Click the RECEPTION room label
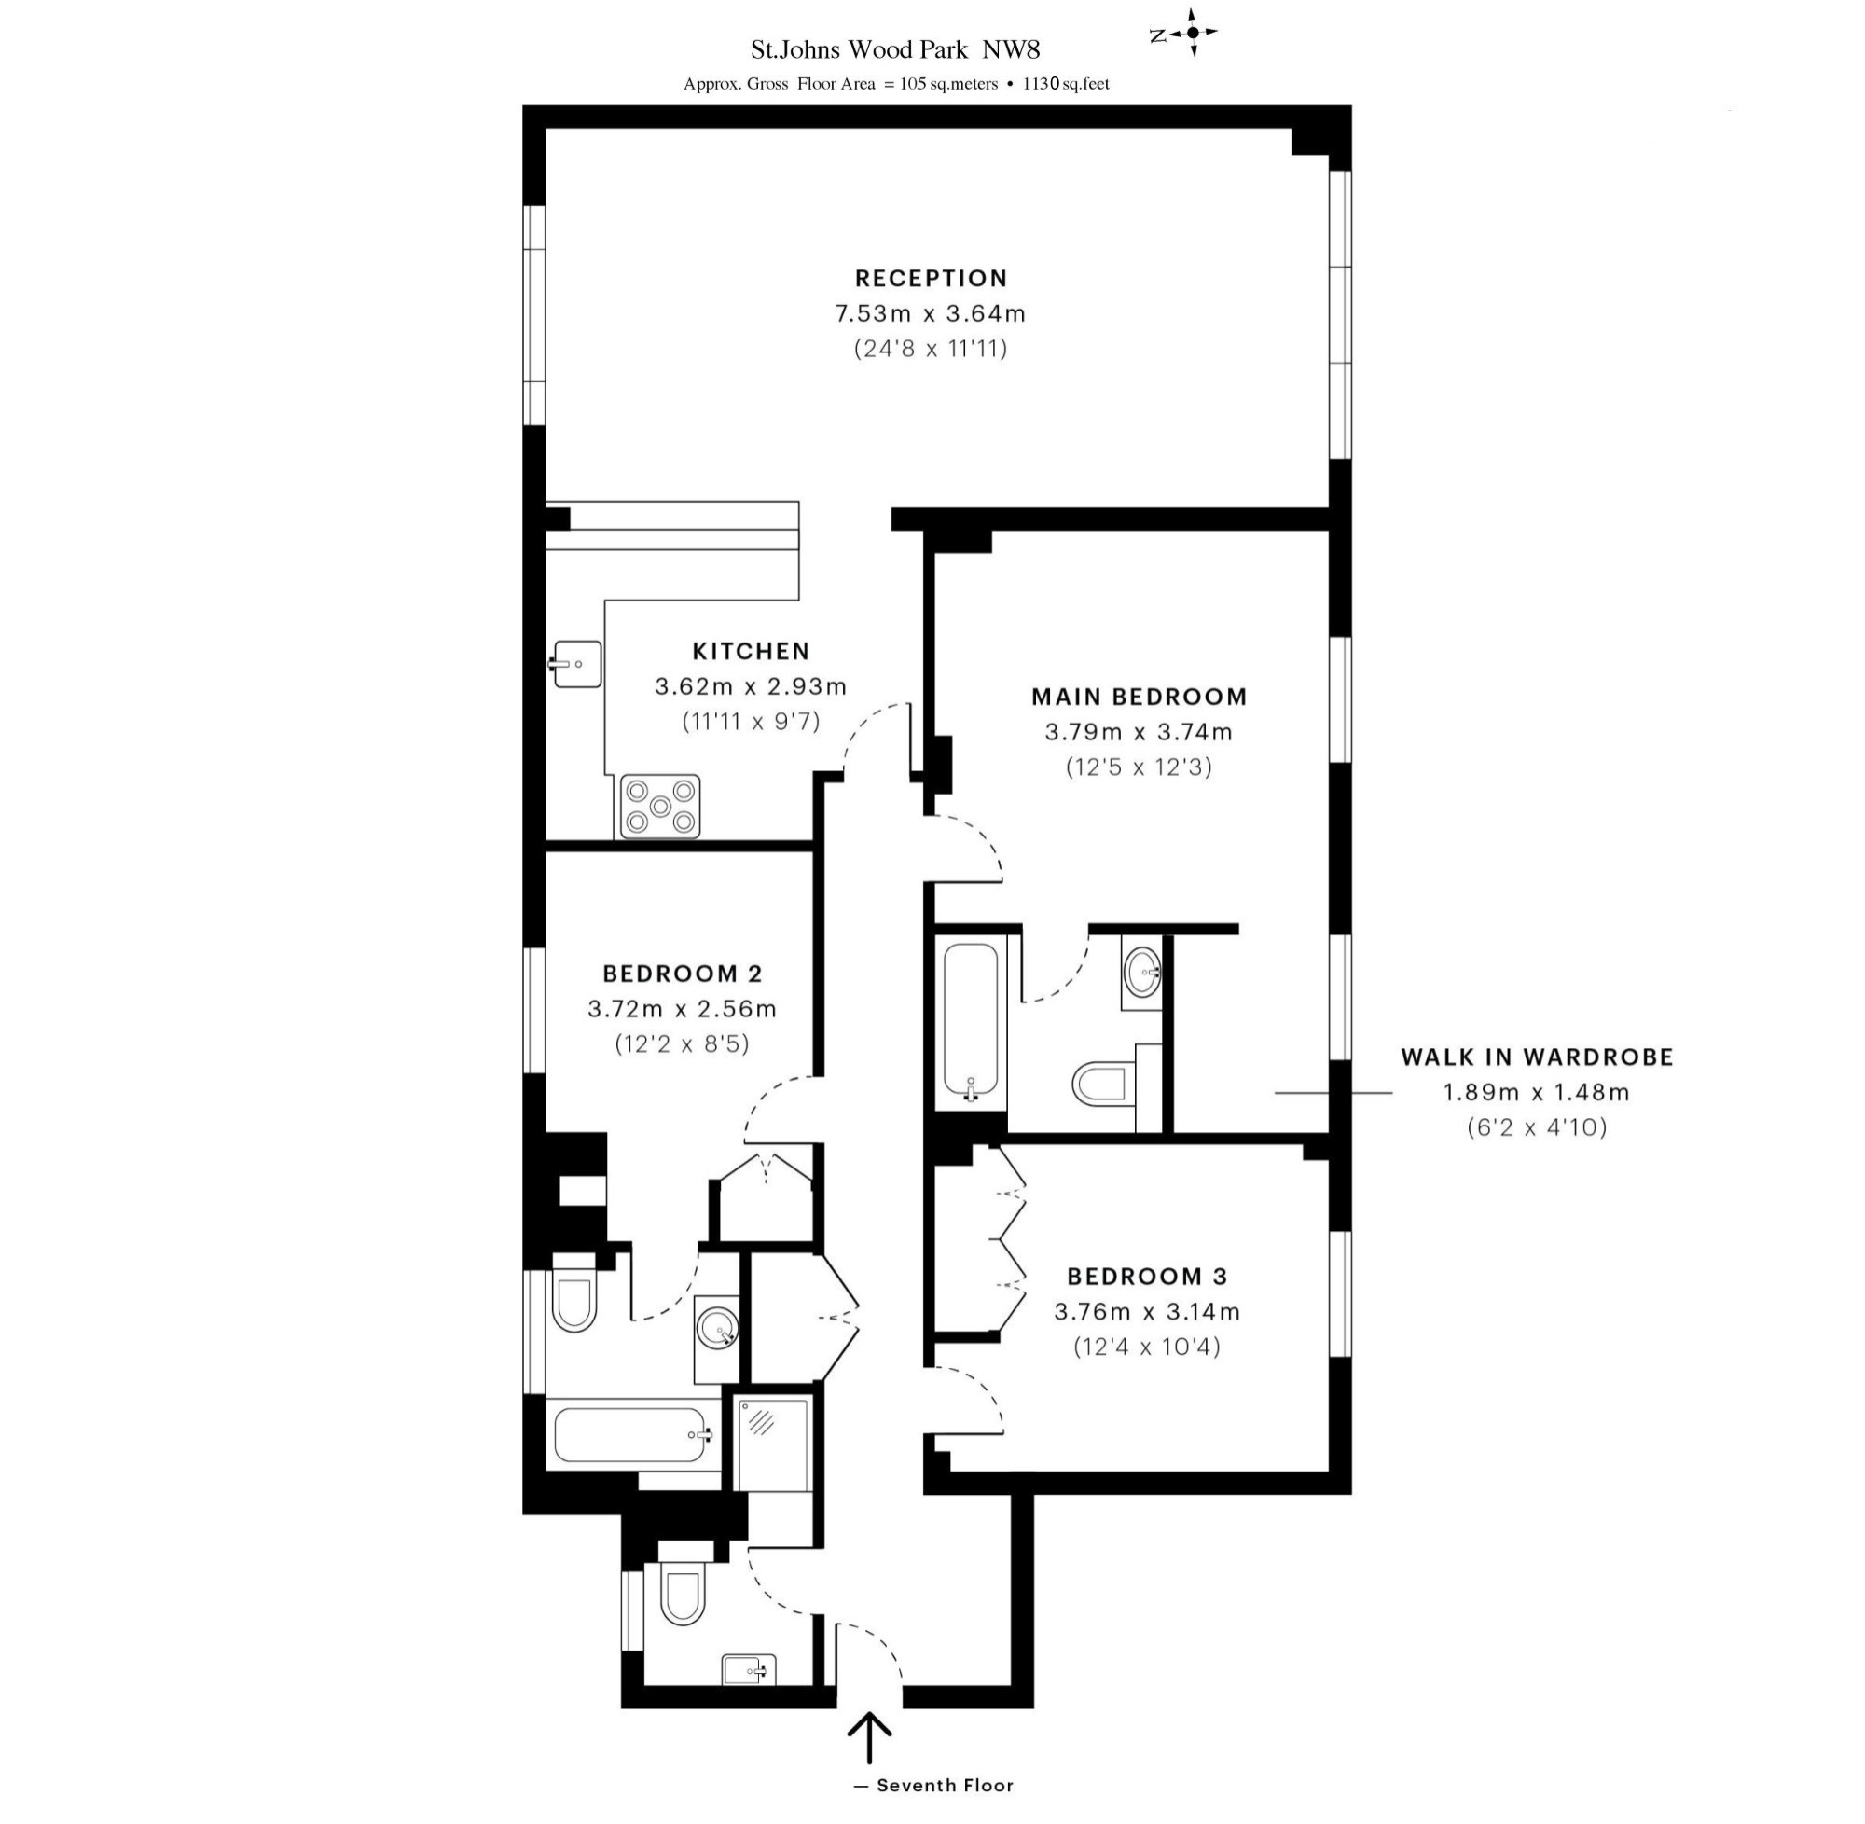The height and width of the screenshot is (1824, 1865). coord(931,279)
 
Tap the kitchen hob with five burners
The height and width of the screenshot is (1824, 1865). coord(660,806)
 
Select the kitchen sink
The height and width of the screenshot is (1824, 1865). coord(576,664)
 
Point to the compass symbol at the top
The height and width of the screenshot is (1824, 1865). coord(1193,33)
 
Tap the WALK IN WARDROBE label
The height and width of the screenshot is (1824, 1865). coord(1538,1057)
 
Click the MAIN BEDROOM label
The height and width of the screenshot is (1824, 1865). coord(1139,697)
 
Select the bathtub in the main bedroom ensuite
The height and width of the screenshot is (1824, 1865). coord(972,1025)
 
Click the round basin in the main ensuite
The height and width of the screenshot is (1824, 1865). coord(1142,974)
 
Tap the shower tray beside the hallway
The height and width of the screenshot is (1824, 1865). coord(772,1442)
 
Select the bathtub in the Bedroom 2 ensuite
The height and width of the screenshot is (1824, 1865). coord(633,1434)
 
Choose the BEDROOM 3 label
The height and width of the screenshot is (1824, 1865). coord(1147,1276)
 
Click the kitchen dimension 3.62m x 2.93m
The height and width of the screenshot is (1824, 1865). coord(751,686)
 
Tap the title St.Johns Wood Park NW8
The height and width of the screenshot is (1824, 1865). coord(894,48)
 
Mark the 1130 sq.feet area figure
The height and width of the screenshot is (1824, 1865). coord(1066,84)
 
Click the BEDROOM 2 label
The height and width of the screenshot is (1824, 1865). coord(682,974)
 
